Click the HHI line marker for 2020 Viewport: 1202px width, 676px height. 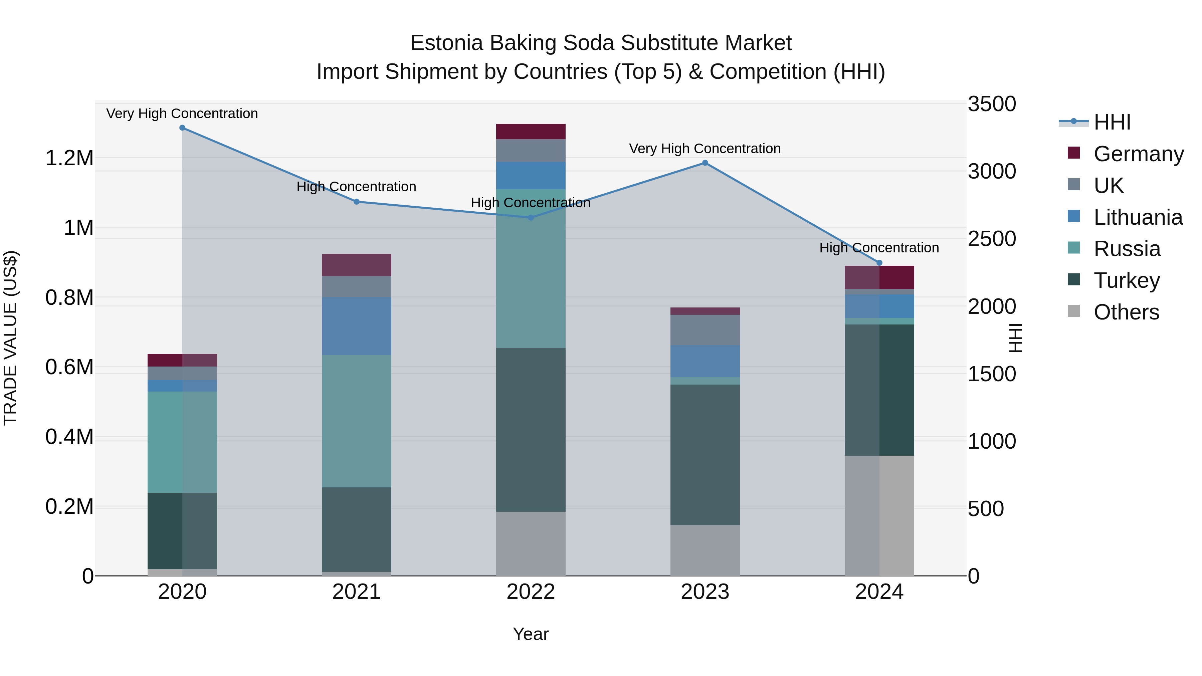[x=182, y=128]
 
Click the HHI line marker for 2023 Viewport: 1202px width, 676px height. [x=705, y=163]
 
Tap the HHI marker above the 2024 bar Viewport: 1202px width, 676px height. [x=879, y=263]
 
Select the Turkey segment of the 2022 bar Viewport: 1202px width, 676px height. [x=531, y=429]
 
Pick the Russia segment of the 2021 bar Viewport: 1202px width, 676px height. [x=357, y=421]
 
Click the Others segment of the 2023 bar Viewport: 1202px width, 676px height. [x=705, y=550]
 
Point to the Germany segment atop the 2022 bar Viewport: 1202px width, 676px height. [x=531, y=132]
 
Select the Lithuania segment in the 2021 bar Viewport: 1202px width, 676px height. [x=357, y=326]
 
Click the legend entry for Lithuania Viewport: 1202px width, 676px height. [x=1138, y=217]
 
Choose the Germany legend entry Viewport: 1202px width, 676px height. [x=1138, y=154]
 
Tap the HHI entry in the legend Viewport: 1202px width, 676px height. [x=1112, y=122]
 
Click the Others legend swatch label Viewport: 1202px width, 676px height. [x=1126, y=312]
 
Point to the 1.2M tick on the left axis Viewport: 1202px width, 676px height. [x=69, y=158]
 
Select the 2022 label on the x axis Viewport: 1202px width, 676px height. [x=531, y=592]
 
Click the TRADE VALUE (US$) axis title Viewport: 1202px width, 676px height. [x=10, y=338]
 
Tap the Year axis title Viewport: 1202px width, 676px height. [x=531, y=634]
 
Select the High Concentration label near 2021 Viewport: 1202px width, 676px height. [x=357, y=187]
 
